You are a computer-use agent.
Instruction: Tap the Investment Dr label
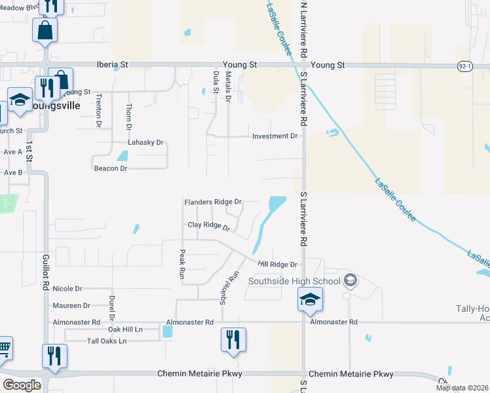(x=275, y=136)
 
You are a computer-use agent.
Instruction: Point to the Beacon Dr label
(x=109, y=168)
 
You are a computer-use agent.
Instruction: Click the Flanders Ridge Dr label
(x=213, y=202)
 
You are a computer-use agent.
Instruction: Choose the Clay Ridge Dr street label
(x=208, y=226)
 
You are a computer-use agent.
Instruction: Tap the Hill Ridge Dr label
(x=278, y=265)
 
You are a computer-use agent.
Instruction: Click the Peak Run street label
(x=183, y=264)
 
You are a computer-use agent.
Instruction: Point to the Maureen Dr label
(x=71, y=305)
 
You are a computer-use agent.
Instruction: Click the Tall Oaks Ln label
(x=106, y=341)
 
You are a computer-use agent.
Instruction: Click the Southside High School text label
(x=295, y=282)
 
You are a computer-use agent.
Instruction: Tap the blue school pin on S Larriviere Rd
(x=310, y=300)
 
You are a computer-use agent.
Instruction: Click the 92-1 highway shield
(x=464, y=66)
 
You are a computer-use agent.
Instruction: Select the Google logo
(x=22, y=384)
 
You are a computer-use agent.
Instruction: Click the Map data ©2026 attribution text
(x=461, y=388)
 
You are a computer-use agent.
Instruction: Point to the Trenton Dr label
(x=99, y=110)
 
